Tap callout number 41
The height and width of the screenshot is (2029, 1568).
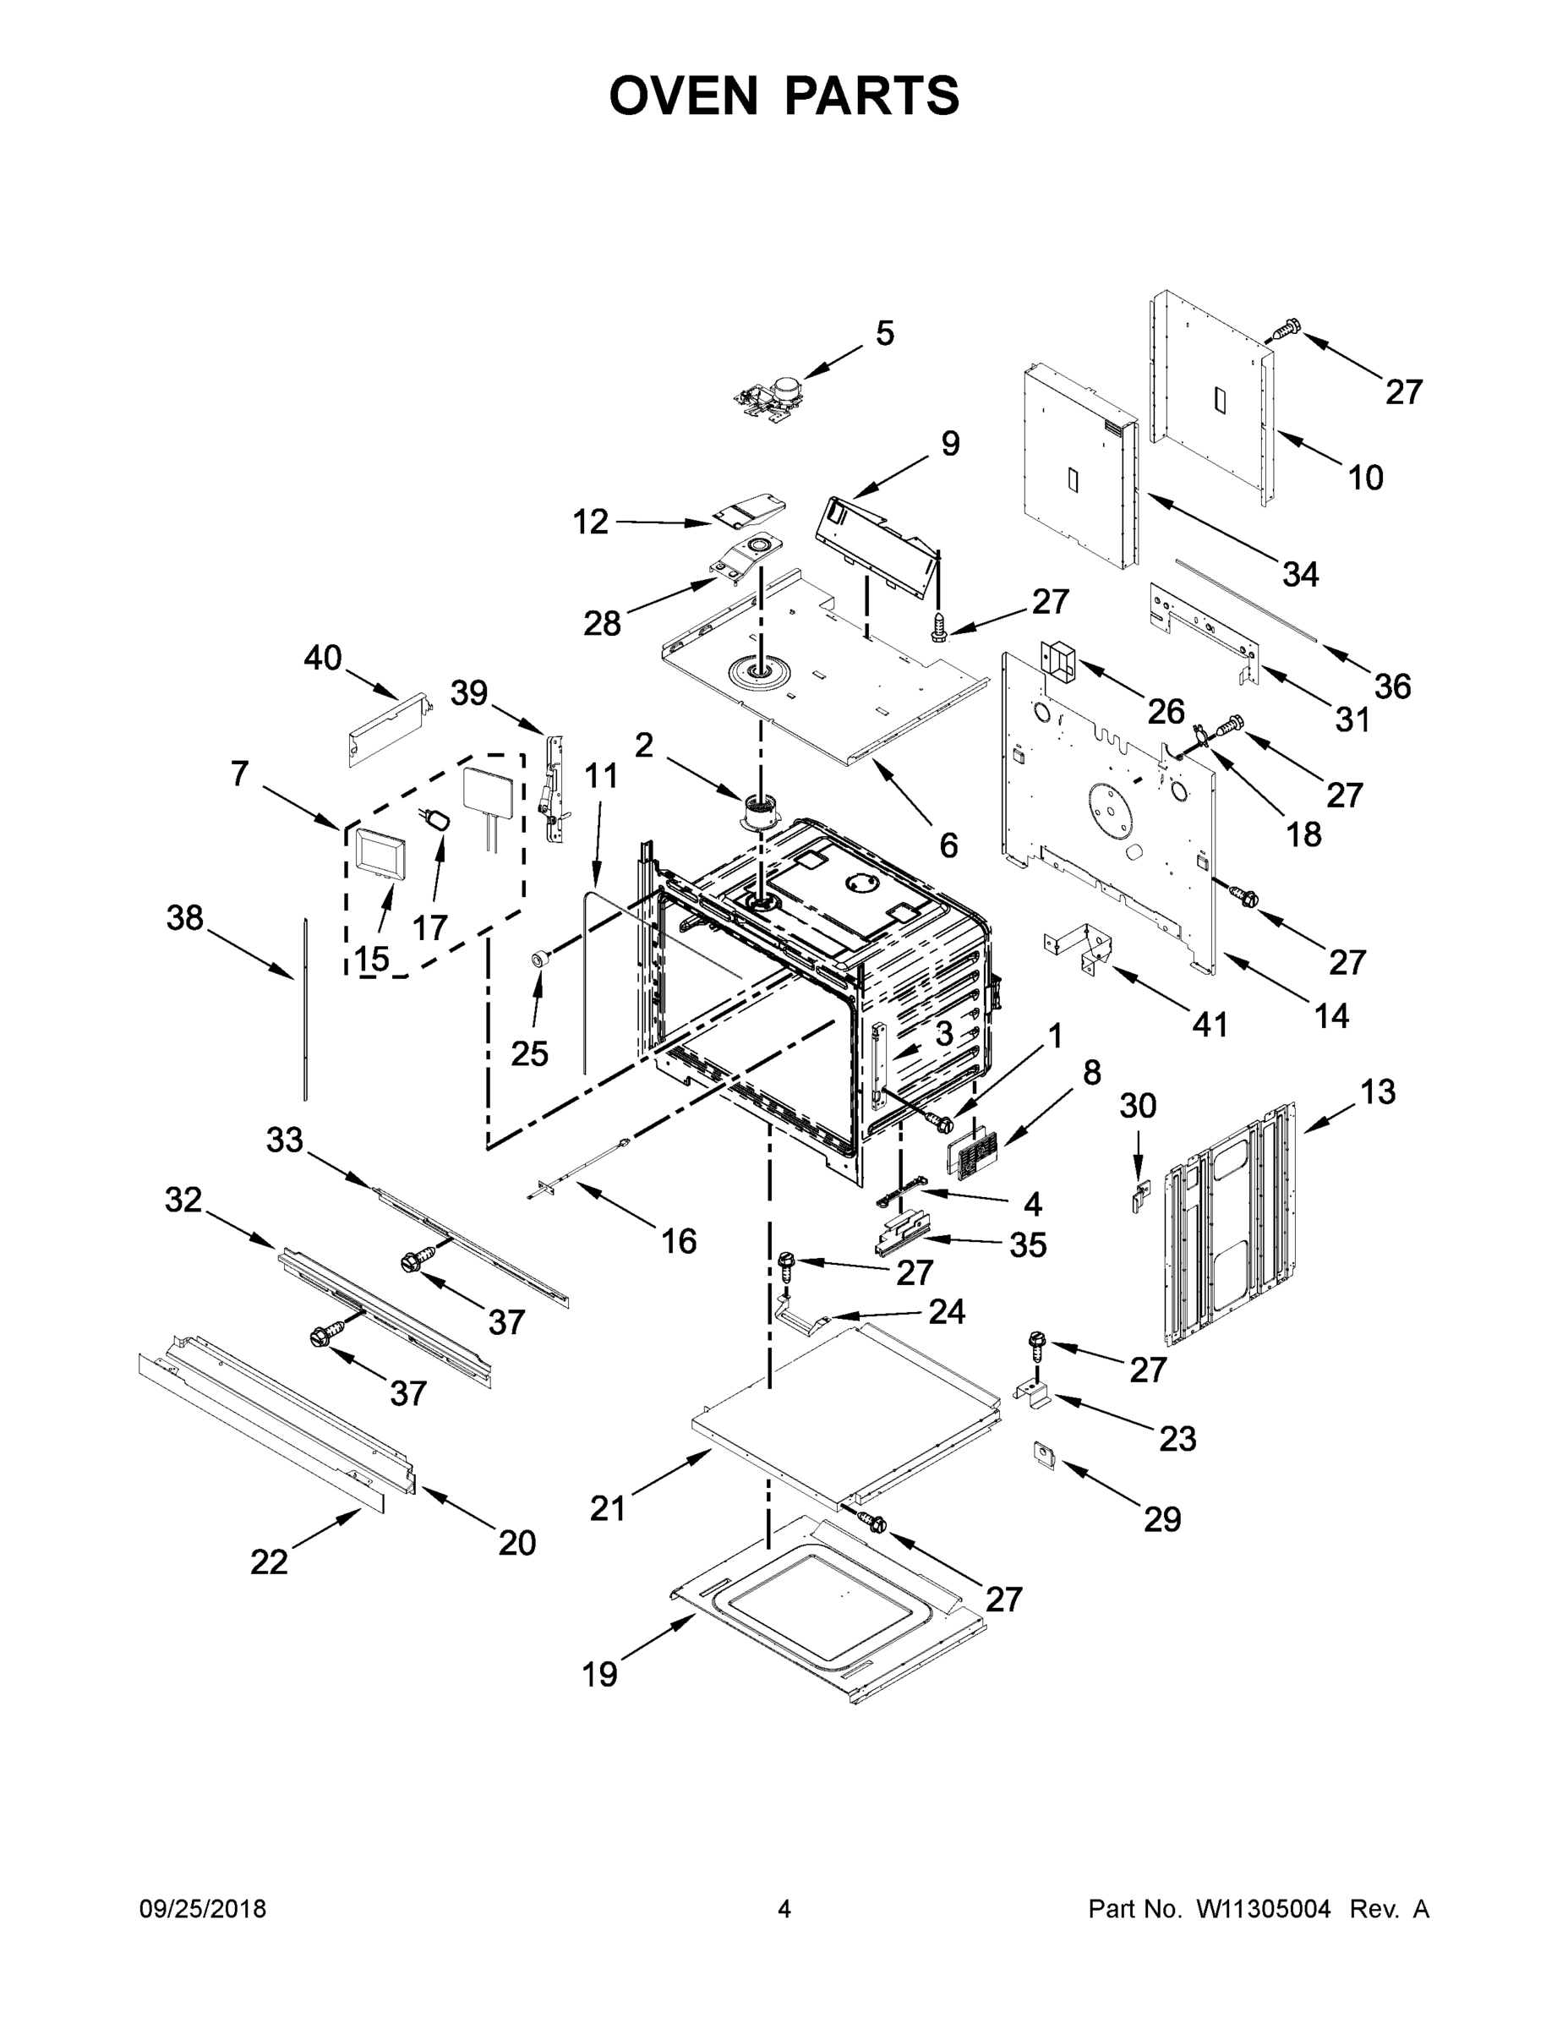coord(1210,1025)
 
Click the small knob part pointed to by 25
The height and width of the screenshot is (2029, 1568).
coord(538,959)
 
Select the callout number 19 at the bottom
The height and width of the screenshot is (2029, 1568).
coord(600,1700)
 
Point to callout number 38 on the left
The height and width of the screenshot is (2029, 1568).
coord(185,918)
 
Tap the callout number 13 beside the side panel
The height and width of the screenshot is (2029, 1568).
coord(1378,1092)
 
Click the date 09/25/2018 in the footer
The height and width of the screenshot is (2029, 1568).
coord(203,1908)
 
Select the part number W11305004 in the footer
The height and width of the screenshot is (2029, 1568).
coord(1264,1908)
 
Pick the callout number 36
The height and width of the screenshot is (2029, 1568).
coord(1392,686)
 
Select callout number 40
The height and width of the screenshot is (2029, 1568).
coord(322,658)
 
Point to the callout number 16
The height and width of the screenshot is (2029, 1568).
coord(678,1240)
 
